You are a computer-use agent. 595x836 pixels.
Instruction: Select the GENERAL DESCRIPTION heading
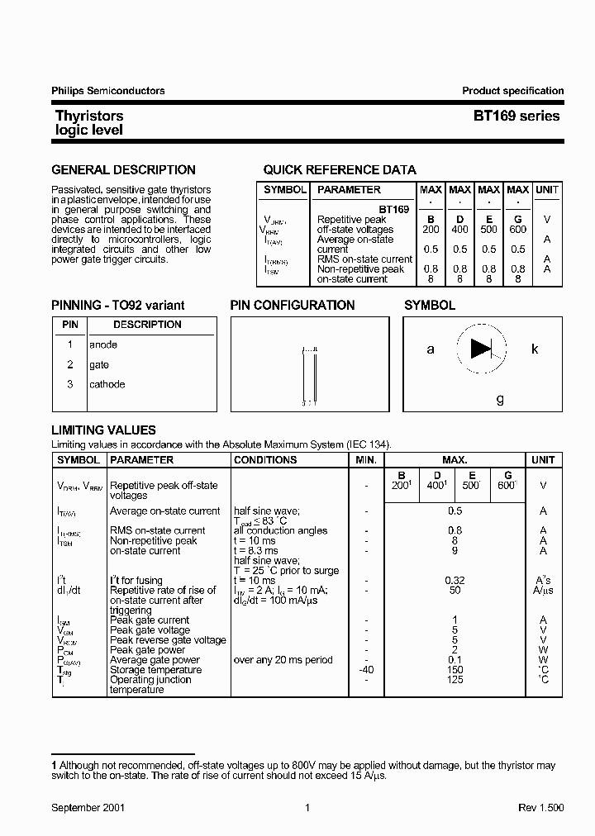point(124,170)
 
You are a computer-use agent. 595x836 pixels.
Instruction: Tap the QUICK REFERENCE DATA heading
point(340,170)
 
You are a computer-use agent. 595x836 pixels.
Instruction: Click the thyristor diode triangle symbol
point(481,349)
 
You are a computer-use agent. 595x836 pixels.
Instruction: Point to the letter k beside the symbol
point(535,349)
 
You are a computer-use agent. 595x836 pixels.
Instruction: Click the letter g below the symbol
point(500,399)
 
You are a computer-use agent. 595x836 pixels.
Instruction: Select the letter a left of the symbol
point(431,349)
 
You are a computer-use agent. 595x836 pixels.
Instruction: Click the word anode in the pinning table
point(103,344)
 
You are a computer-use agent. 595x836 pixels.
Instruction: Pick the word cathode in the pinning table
point(107,384)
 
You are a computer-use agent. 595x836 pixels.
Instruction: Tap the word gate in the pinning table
point(99,364)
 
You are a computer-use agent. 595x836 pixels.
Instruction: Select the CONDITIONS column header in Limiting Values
point(265,460)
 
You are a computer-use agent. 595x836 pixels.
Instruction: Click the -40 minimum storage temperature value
point(366,670)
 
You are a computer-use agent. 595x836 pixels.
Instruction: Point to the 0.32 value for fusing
point(455,581)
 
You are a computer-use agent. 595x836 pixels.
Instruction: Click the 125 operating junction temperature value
point(455,680)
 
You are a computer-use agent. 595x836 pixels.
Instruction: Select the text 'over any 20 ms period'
point(283,660)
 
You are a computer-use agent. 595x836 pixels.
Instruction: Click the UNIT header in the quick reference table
point(546,190)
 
